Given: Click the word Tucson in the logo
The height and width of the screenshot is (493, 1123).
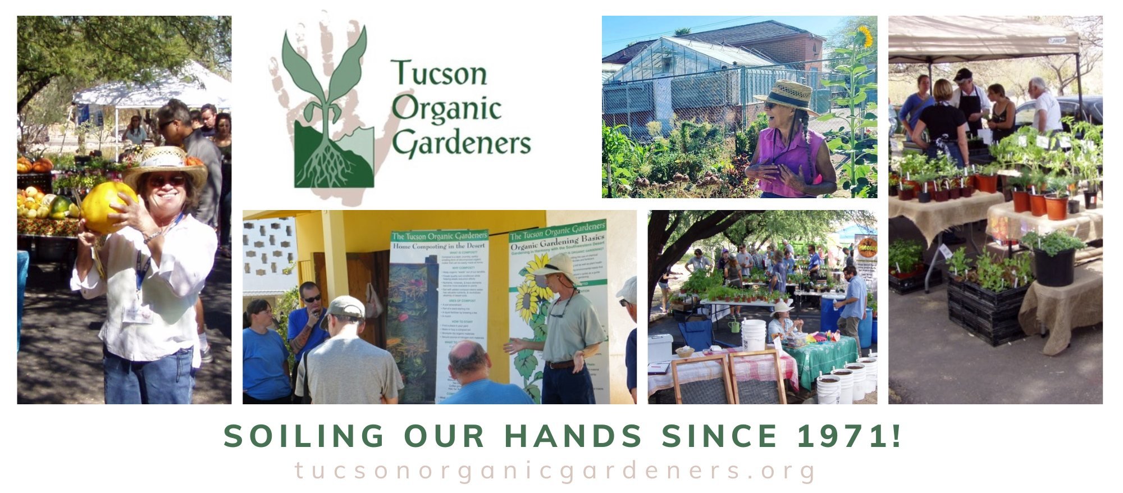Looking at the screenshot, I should coord(439,74).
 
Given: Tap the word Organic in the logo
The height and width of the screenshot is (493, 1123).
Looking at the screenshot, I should coord(446,108).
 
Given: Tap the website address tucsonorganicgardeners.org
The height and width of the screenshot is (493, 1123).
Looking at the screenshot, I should coord(555,471).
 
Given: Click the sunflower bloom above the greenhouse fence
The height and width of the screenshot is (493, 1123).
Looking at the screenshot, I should coord(864,37).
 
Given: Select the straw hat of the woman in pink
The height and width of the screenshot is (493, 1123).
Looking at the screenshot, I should coord(787,95).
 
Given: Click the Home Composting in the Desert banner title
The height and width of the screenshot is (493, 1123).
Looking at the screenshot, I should coord(439,246).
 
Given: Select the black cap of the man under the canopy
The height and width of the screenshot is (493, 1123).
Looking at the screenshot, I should coord(962,74).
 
